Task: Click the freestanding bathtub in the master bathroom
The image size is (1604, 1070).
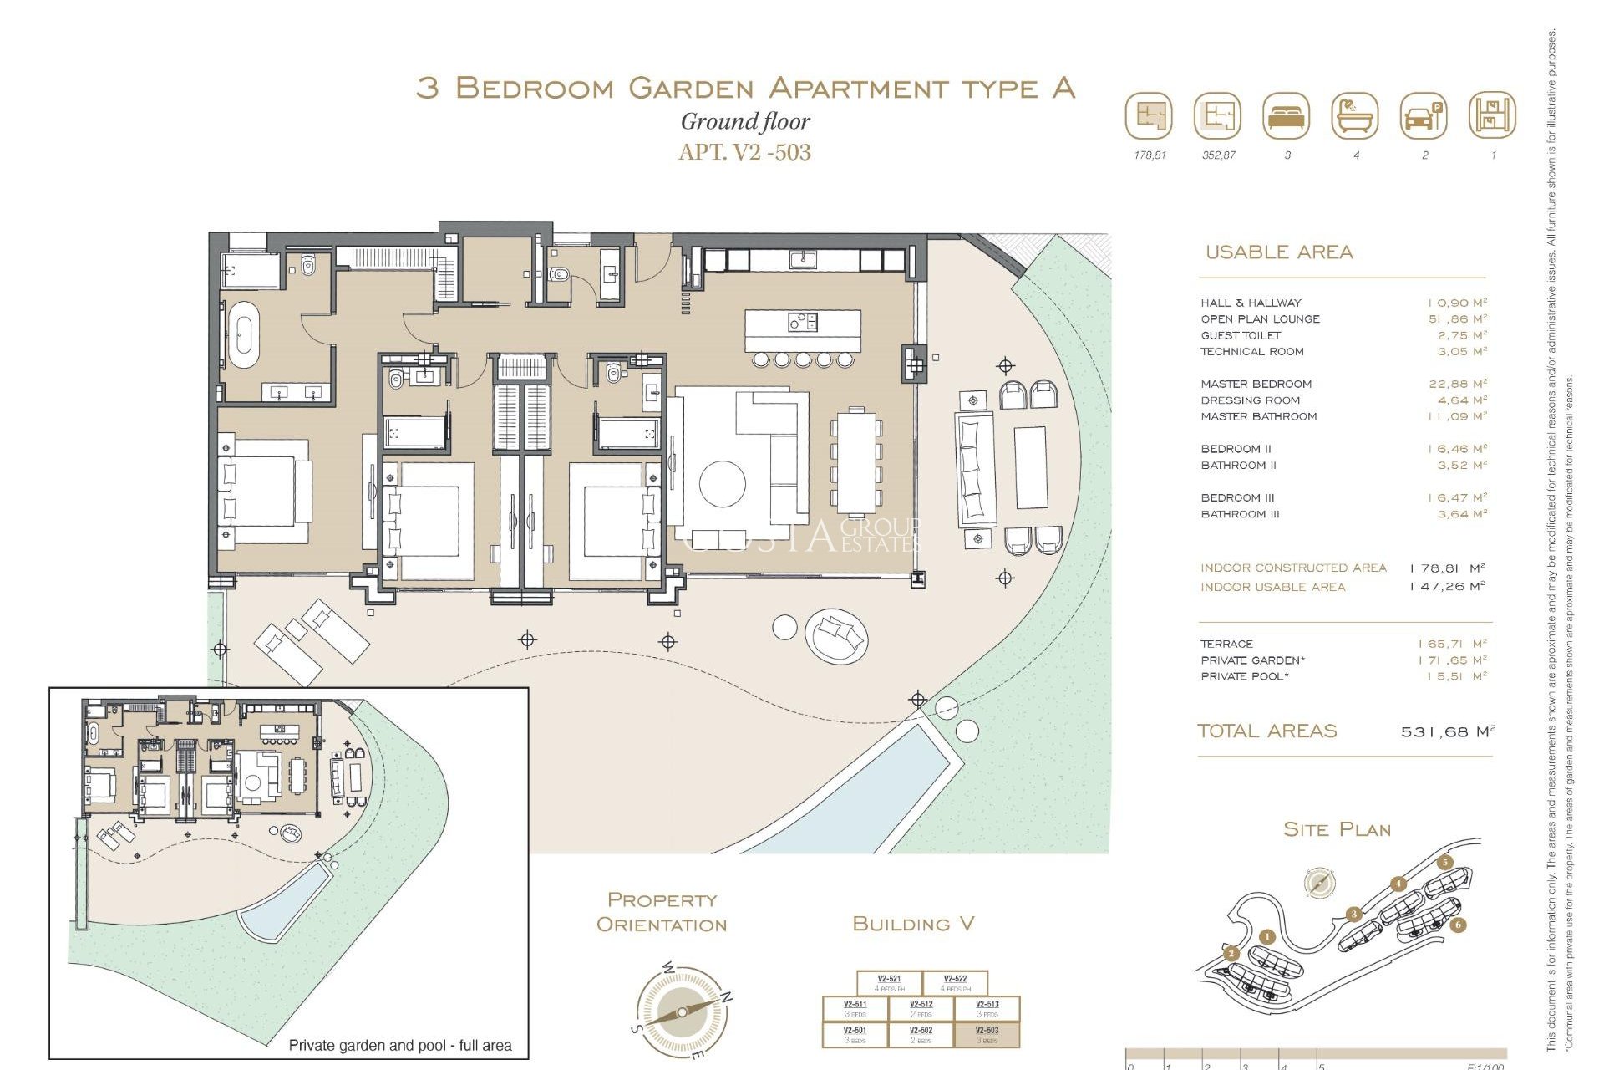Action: pyautogui.click(x=245, y=335)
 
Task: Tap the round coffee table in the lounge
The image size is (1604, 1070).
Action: pyautogui.click(x=723, y=484)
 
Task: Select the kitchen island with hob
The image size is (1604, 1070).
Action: pyautogui.click(x=802, y=331)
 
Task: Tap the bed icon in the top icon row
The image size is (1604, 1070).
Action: pyautogui.click(x=1287, y=116)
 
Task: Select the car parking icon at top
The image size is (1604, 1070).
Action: pyautogui.click(x=1424, y=116)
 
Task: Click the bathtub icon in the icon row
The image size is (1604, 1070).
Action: pyautogui.click(x=1355, y=116)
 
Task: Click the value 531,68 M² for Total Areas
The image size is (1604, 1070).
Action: pyautogui.click(x=1448, y=731)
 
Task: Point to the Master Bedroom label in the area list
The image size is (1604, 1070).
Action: pyautogui.click(x=1256, y=384)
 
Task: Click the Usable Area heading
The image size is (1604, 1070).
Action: pyautogui.click(x=1278, y=252)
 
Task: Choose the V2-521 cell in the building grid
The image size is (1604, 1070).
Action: pyautogui.click(x=889, y=983)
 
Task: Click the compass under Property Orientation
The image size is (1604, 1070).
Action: pyautogui.click(x=682, y=1012)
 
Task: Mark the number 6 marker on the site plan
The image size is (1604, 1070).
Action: pyautogui.click(x=1458, y=925)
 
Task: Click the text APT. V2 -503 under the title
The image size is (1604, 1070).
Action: pyautogui.click(x=744, y=152)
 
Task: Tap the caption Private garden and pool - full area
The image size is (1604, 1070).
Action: pyautogui.click(x=399, y=1045)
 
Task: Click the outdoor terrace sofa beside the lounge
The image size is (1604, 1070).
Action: pyautogui.click(x=974, y=468)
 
